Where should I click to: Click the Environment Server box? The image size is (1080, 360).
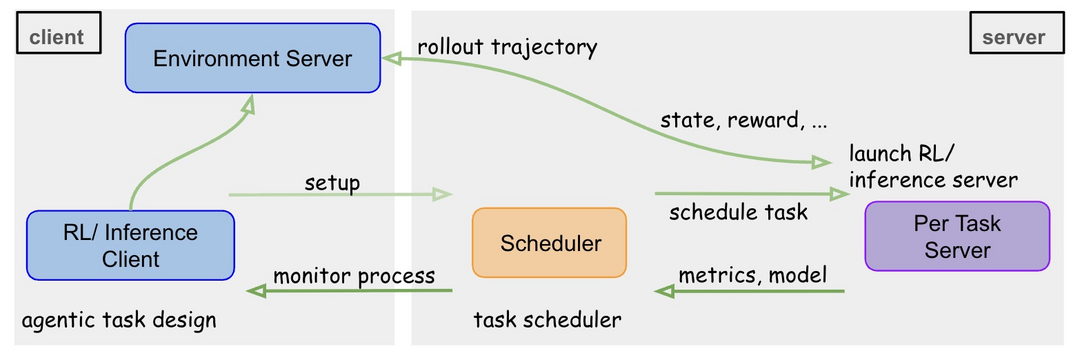[x=252, y=58]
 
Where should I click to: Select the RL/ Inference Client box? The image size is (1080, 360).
[x=131, y=246]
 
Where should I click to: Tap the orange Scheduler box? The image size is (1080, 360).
[x=549, y=242]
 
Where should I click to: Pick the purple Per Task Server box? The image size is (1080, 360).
[x=957, y=236]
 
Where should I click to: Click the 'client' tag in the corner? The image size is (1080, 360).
[x=56, y=37]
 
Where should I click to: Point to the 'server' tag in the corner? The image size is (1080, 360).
[x=1013, y=37]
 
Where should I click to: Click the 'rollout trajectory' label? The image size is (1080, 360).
[x=507, y=46]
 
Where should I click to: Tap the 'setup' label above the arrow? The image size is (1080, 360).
[x=333, y=183]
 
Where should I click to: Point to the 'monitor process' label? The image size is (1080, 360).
[x=354, y=275]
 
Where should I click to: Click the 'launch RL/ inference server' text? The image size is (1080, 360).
[x=932, y=167]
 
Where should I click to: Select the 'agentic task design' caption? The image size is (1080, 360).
[x=119, y=321]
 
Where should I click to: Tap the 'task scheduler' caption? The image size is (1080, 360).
[x=547, y=321]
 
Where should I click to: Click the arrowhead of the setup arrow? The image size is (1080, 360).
[x=443, y=195]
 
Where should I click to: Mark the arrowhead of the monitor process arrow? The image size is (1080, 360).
[x=256, y=291]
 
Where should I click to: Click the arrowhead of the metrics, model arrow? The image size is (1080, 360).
[x=664, y=291]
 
